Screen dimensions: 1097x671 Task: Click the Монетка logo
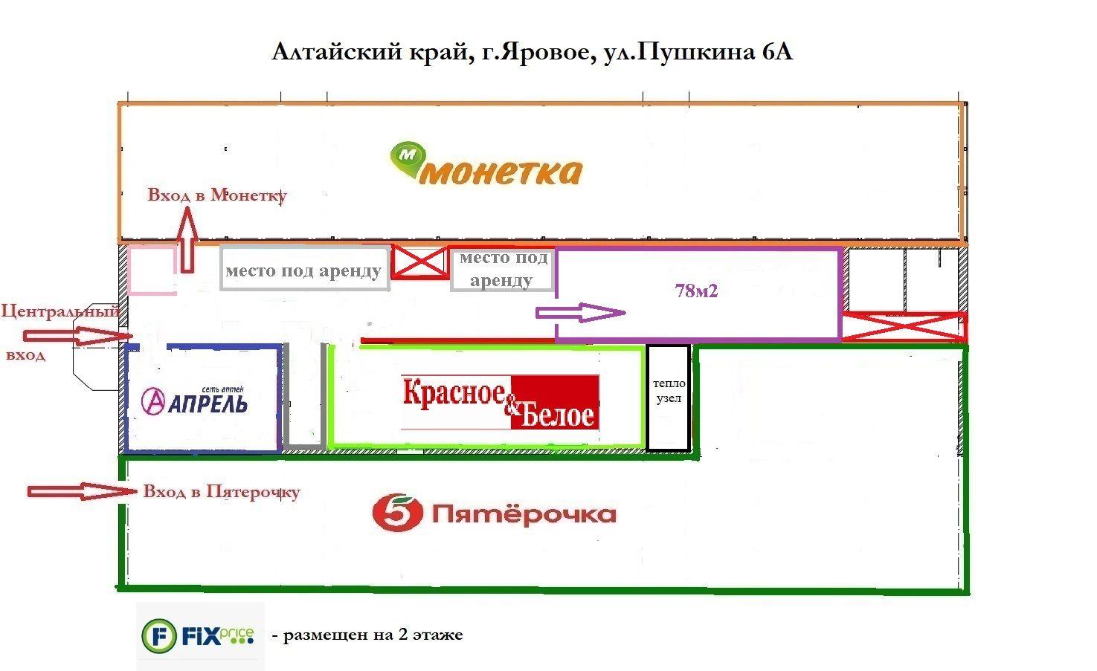pos(486,163)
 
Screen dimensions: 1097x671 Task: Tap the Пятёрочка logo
pos(494,513)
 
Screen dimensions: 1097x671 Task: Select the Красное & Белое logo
pos(500,402)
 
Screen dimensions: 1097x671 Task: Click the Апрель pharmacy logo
pos(194,401)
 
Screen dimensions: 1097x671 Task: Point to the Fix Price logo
pos(198,636)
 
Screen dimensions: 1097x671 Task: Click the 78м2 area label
pos(696,291)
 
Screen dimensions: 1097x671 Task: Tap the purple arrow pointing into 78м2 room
pos(580,313)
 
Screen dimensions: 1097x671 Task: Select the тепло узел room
pos(669,398)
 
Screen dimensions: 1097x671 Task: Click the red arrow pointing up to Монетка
pos(187,240)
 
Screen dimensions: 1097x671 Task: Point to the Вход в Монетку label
pos(217,195)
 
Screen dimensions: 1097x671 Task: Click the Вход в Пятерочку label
pos(222,491)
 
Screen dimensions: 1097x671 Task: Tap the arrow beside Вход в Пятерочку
pos(82,491)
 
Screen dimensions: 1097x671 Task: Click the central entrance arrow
pos(78,336)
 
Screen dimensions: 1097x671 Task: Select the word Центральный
pos(60,311)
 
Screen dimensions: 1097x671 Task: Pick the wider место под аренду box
pos(305,268)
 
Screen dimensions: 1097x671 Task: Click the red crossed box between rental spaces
pos(420,262)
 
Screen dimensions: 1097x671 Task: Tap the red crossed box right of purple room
pos(904,326)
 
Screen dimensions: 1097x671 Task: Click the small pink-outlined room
pos(152,270)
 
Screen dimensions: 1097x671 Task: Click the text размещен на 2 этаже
pos(373,635)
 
